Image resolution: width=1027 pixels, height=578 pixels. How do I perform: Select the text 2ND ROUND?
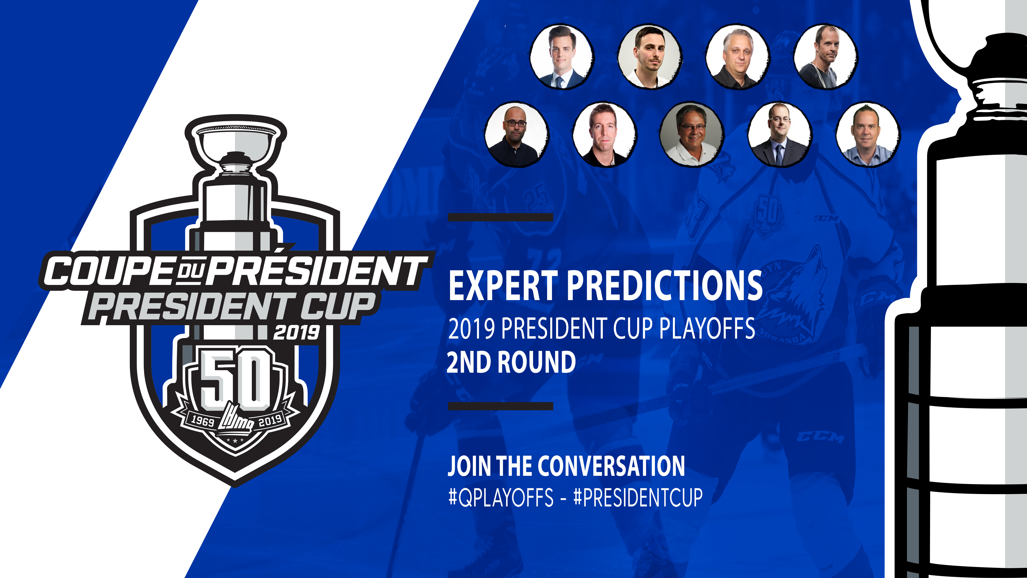click(x=511, y=362)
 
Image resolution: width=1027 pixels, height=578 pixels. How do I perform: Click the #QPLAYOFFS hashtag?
click(x=501, y=497)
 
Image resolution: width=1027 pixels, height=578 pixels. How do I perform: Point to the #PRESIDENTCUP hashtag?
click(x=638, y=497)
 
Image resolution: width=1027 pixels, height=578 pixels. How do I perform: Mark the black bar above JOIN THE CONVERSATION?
click(x=500, y=406)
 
